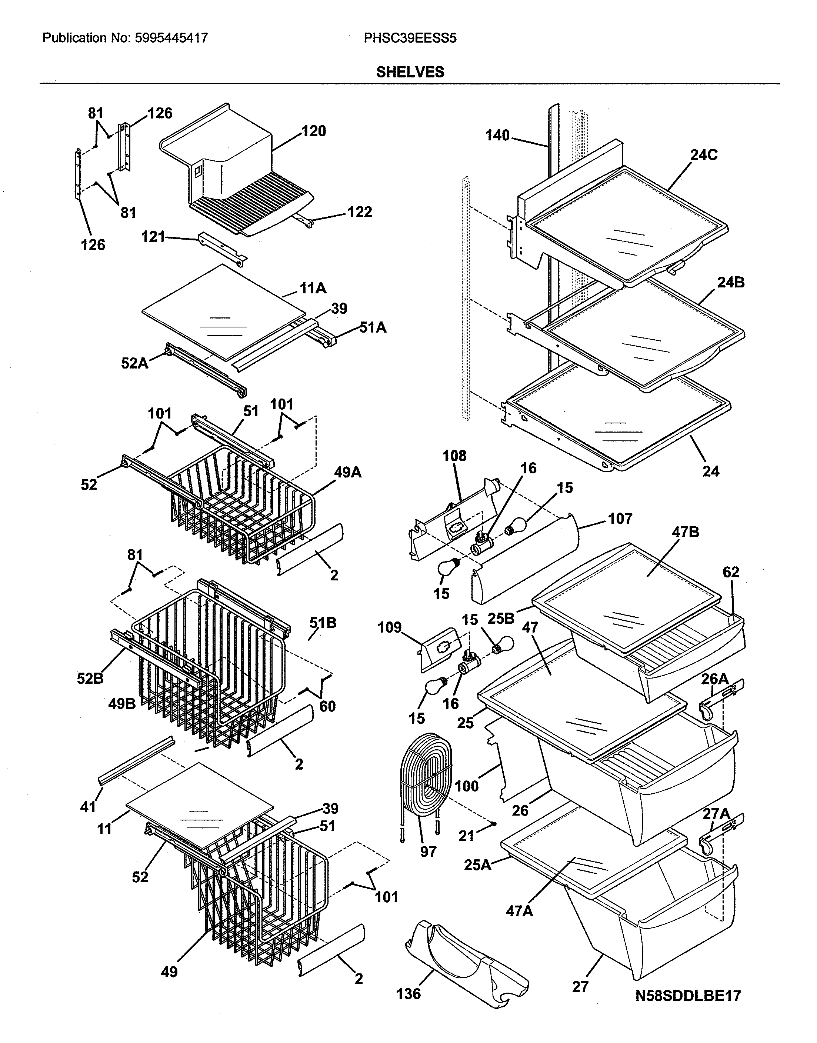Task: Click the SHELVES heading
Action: coord(410,72)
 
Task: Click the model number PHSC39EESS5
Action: coord(410,38)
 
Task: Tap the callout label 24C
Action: coord(704,155)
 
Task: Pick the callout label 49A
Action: coord(348,473)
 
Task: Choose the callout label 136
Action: coord(408,994)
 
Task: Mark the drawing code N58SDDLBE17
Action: coord(688,996)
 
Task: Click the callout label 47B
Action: coord(686,532)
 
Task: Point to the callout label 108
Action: coord(454,456)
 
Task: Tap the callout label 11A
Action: coord(313,288)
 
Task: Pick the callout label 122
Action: coord(359,211)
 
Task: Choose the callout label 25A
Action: coord(477,865)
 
